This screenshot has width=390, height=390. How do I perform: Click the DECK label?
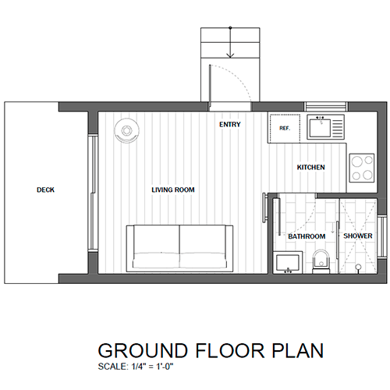(45, 190)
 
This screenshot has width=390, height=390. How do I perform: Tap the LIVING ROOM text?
(173, 190)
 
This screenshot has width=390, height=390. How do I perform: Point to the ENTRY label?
(230, 125)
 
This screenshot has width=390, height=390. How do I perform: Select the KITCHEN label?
(311, 167)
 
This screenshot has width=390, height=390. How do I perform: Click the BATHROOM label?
(307, 236)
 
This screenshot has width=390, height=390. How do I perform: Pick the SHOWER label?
(358, 236)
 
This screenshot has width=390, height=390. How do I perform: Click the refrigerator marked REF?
(285, 128)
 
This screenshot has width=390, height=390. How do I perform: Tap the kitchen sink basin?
(320, 128)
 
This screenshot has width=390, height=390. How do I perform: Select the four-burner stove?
(362, 168)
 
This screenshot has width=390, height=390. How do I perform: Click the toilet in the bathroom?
(321, 261)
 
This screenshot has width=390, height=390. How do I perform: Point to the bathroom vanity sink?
(288, 262)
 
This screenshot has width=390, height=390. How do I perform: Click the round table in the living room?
(126, 130)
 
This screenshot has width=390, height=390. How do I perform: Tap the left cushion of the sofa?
(156, 246)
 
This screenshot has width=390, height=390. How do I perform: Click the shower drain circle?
(358, 267)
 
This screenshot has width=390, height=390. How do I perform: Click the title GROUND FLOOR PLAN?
(211, 350)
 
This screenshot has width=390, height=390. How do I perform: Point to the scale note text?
(136, 367)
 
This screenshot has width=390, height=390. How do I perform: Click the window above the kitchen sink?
(326, 106)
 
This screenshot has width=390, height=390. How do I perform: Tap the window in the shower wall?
(382, 236)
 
